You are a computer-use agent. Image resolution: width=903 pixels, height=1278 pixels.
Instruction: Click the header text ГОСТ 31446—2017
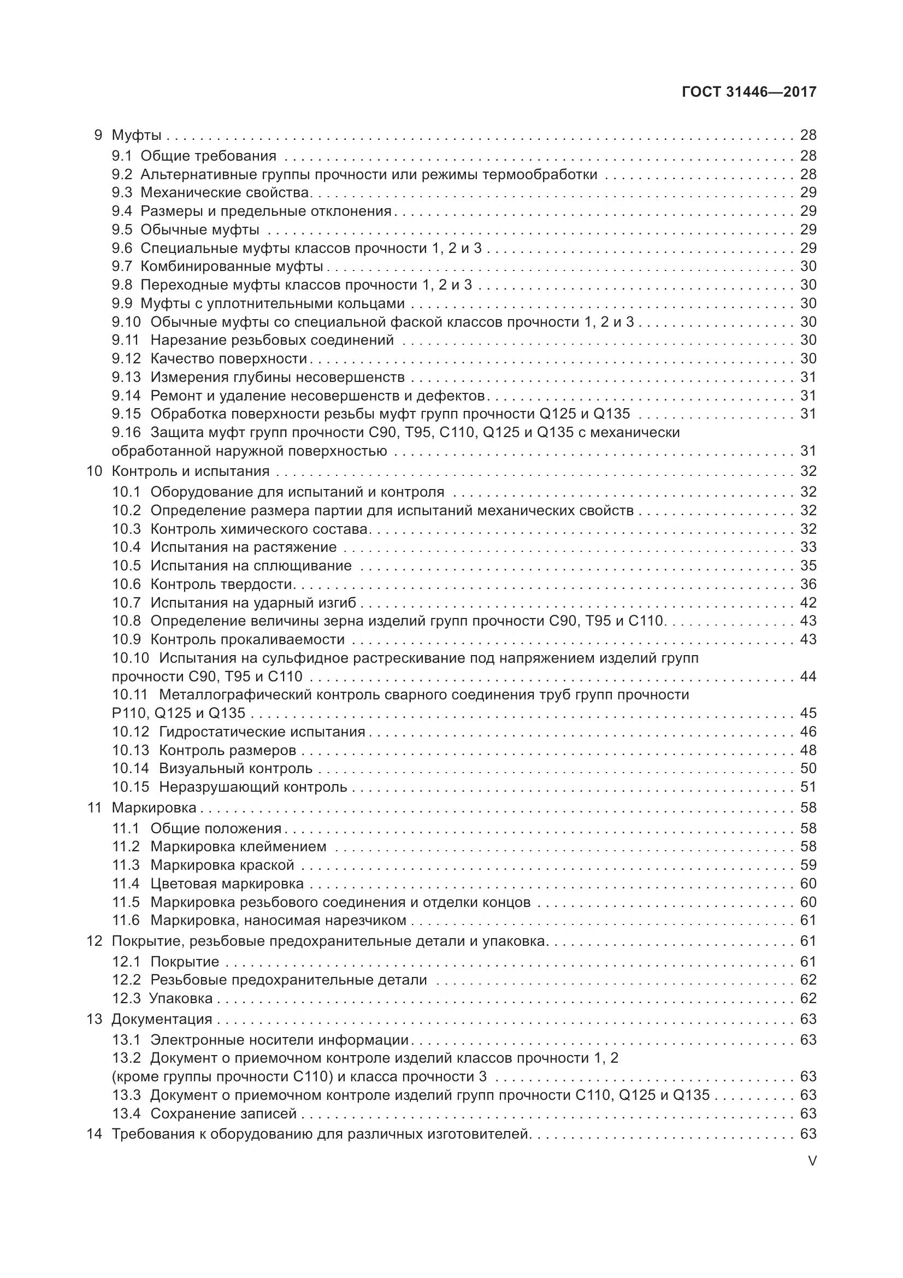pos(748,92)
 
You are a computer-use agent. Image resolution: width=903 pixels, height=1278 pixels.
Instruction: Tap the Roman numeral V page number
pos(812,1161)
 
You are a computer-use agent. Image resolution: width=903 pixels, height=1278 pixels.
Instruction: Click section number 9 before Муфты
pos(98,135)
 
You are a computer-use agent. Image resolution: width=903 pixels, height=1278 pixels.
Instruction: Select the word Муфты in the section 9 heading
pos(137,135)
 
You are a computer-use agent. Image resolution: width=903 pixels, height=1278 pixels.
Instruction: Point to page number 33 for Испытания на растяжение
pos(808,547)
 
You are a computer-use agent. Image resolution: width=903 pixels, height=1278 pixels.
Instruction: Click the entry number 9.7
pos(122,267)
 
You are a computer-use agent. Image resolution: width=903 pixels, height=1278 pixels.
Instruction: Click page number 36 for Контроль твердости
pos(808,584)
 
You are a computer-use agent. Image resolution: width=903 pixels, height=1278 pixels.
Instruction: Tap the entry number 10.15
pos(131,787)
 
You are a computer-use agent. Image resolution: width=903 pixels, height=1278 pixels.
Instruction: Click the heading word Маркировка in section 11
pos(154,808)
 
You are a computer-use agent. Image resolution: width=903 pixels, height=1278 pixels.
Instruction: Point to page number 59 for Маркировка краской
pos(808,865)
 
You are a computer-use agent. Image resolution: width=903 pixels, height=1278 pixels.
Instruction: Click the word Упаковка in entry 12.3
pos(181,998)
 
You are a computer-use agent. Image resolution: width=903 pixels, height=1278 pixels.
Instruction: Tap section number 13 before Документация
pos(95,1019)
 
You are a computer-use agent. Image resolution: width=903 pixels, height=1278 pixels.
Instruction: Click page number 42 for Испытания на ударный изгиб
pos(808,602)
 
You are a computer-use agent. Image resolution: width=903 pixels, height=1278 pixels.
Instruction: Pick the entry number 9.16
pos(126,433)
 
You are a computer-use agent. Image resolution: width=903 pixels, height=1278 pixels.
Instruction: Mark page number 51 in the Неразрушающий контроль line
pos(808,787)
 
